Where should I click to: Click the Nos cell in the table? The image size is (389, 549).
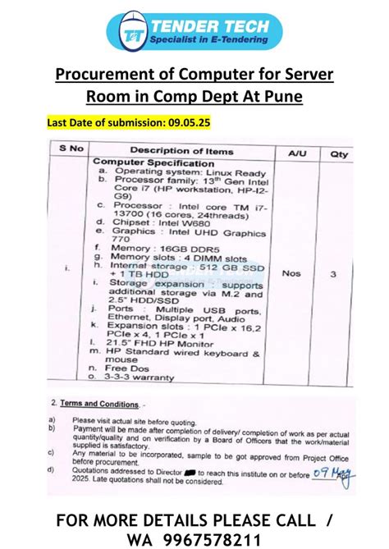tap(294, 275)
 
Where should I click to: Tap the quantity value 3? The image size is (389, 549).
tap(333, 275)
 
